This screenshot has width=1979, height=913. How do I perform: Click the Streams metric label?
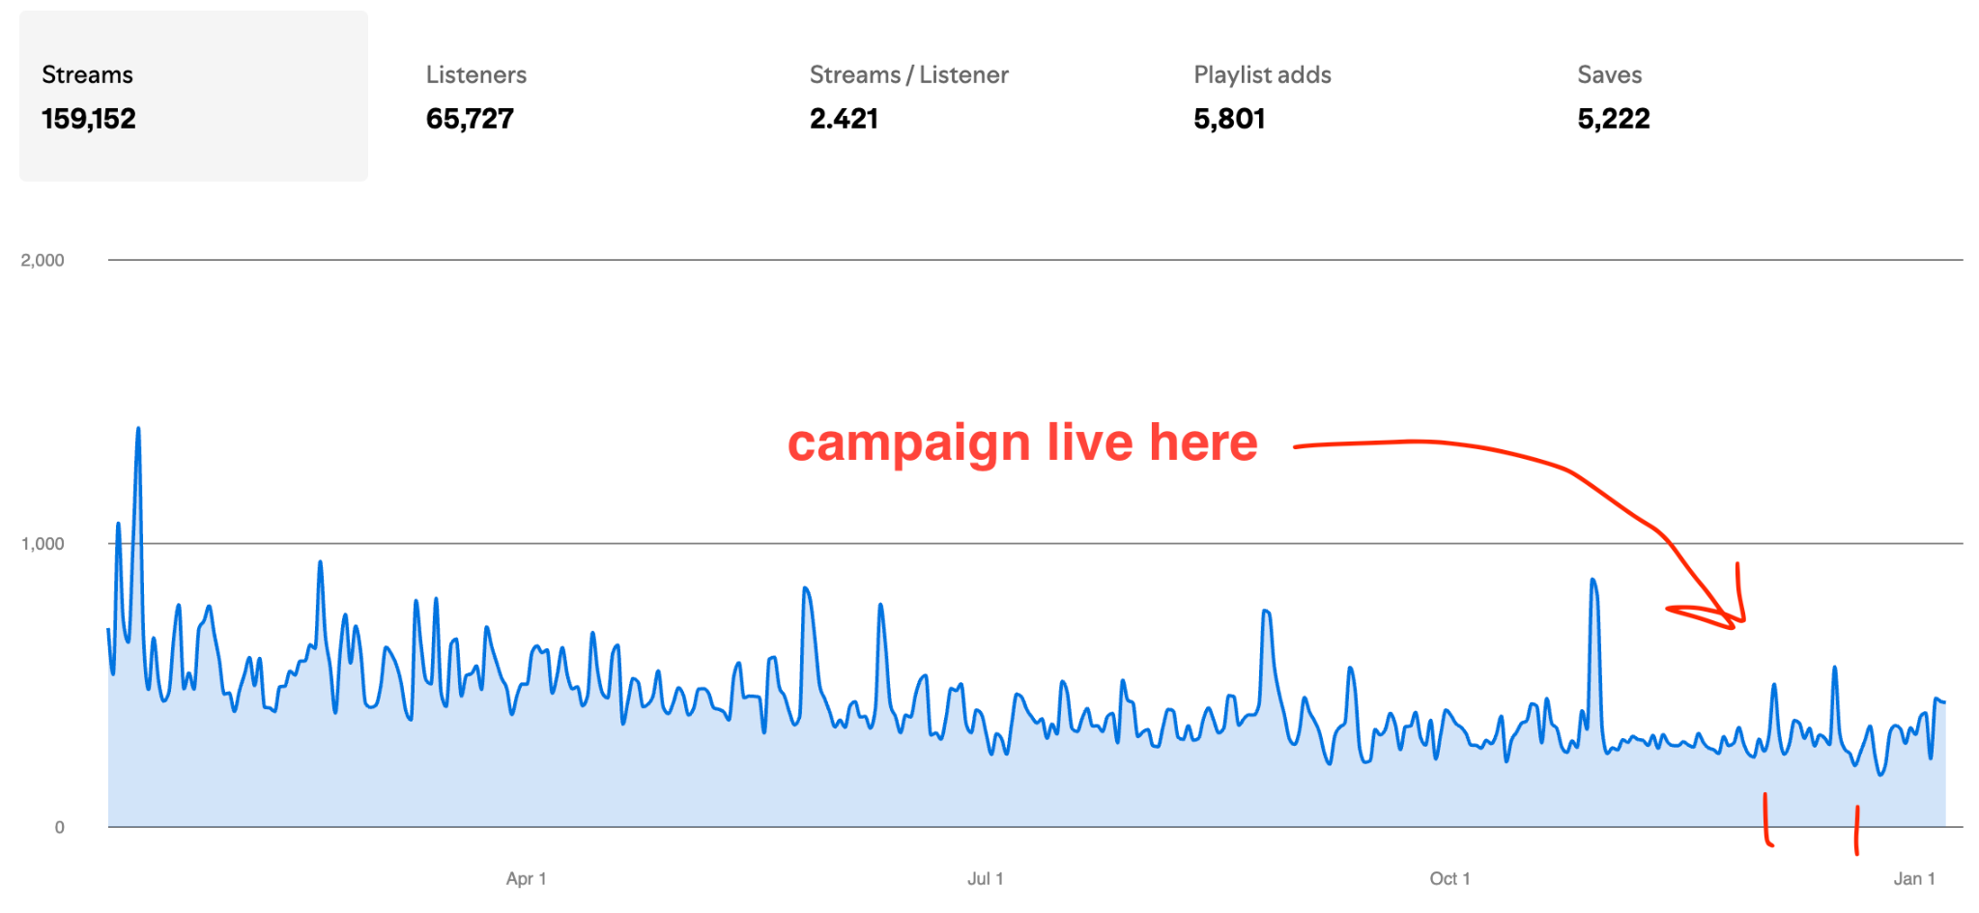click(87, 74)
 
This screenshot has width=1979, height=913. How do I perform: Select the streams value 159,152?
click(88, 119)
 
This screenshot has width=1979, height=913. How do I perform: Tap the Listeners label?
click(475, 74)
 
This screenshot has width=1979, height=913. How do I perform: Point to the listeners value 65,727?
click(470, 119)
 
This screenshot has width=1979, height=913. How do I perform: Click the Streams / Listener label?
click(908, 74)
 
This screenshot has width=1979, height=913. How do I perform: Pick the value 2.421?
click(844, 119)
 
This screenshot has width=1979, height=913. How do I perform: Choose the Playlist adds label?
click(1262, 74)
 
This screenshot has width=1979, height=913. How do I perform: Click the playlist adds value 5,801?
click(1229, 119)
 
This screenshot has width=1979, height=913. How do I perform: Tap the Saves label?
click(1609, 74)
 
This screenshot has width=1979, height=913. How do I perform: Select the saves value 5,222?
click(1614, 119)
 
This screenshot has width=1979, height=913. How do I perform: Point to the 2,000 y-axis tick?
click(43, 260)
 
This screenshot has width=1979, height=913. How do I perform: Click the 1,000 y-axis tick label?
click(43, 544)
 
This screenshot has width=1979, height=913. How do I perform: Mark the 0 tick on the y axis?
click(60, 827)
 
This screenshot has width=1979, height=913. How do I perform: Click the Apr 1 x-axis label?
click(526, 878)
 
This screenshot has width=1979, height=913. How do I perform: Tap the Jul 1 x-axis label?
click(985, 878)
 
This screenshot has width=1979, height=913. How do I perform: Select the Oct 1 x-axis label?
click(1449, 878)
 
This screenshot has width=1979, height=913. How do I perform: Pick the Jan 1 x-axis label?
click(1913, 878)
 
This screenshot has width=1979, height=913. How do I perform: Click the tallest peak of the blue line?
click(138, 428)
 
